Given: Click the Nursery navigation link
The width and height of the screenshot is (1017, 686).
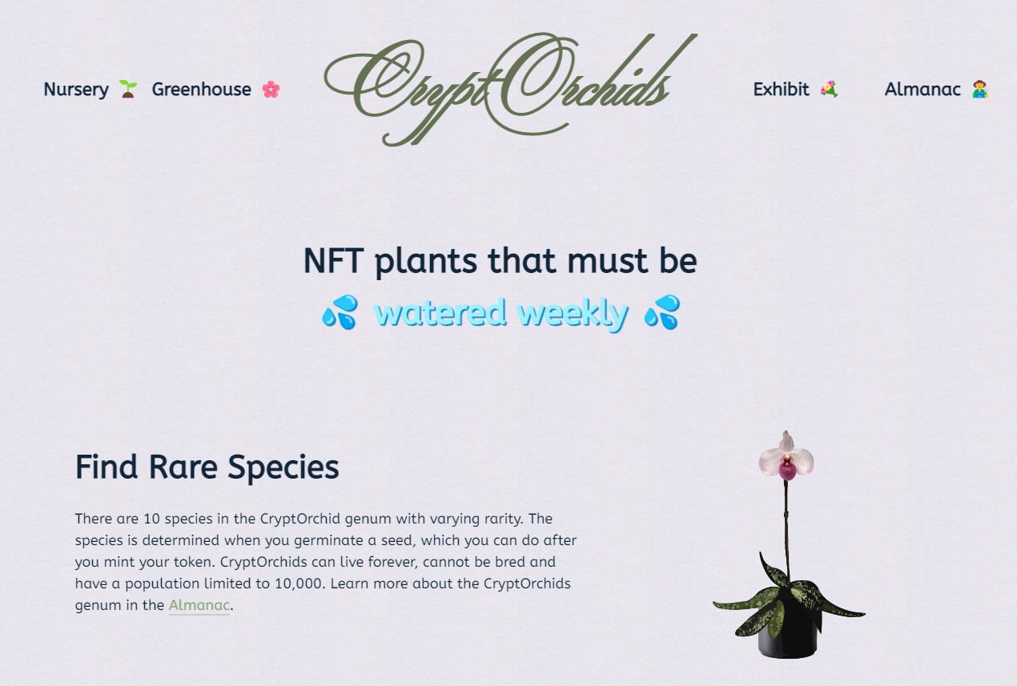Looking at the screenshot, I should (76, 90).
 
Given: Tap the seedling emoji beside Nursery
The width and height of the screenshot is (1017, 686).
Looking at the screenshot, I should (128, 89).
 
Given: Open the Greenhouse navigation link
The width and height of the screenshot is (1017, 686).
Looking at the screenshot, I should (201, 90).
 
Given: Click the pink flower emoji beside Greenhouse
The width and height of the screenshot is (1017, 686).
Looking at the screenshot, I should (271, 90).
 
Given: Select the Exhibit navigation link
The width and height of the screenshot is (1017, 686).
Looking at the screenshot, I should (781, 90).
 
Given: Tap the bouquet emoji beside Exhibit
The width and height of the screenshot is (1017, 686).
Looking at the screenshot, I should (829, 89).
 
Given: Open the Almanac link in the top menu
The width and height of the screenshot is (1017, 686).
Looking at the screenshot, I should (923, 90).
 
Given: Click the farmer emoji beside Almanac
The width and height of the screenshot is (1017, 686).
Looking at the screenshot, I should (980, 89).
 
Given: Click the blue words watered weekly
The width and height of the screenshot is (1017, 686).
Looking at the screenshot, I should (501, 313).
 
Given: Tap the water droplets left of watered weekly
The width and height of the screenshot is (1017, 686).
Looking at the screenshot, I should (340, 312).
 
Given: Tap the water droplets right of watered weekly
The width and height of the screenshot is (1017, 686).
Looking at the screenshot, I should (662, 312).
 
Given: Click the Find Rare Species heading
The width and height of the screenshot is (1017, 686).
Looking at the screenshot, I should (207, 467).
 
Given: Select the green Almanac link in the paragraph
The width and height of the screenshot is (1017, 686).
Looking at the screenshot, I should (199, 605).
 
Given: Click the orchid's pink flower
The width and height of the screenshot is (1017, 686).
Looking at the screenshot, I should (786, 459).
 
